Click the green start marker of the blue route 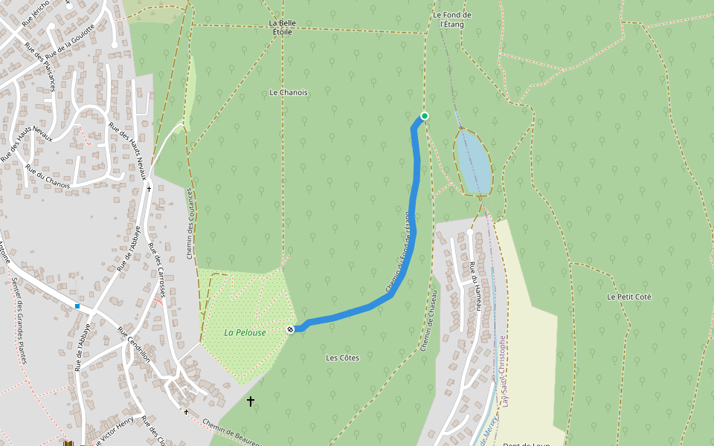click(425, 115)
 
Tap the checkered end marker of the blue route click(290, 329)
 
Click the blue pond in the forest click(473, 161)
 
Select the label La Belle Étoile click(282, 28)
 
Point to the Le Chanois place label click(289, 92)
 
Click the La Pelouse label click(245, 332)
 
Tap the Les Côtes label click(342, 358)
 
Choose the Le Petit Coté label click(628, 297)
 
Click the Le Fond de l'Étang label click(452, 19)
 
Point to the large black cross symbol click(251, 401)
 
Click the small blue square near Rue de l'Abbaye click(77, 306)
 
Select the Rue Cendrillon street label click(134, 345)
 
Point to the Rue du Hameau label click(475, 282)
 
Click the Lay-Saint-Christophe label click(504, 372)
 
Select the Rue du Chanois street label click(47, 175)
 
